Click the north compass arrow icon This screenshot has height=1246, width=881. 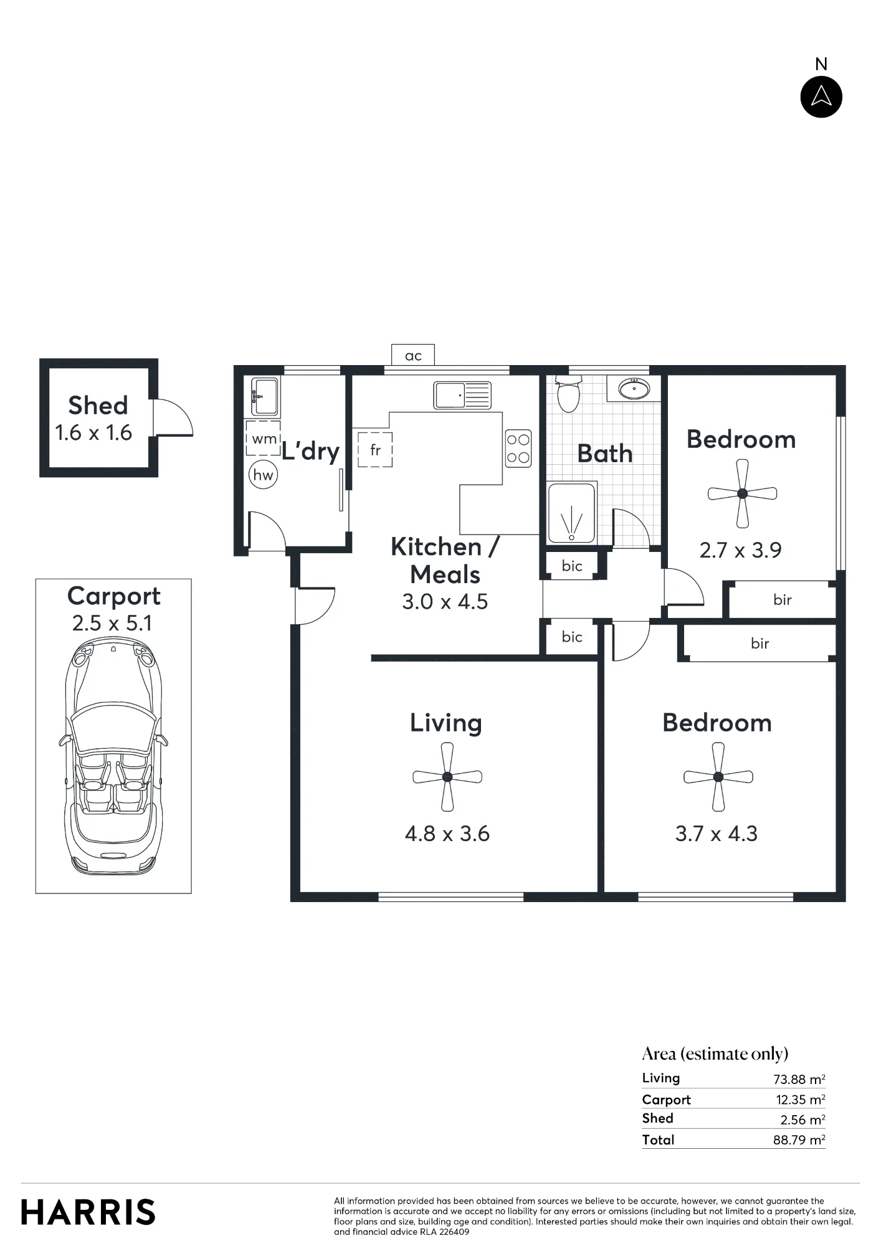[821, 97]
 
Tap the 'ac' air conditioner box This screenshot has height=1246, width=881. [412, 355]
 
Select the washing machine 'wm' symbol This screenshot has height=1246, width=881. [263, 438]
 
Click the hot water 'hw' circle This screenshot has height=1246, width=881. [263, 475]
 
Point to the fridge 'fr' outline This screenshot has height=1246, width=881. [375, 449]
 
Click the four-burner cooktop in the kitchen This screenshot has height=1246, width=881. [518, 449]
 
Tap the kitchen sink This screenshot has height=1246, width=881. [462, 395]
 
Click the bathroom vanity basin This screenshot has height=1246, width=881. [634, 389]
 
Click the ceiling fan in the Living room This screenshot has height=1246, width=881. [447, 777]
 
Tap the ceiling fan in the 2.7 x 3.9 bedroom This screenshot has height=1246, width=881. [742, 493]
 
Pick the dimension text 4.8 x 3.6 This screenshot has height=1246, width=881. [447, 834]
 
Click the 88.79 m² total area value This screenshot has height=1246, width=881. [799, 1140]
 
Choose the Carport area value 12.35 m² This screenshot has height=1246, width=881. [800, 1100]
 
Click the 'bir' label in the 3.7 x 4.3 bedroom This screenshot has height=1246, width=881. [760, 644]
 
